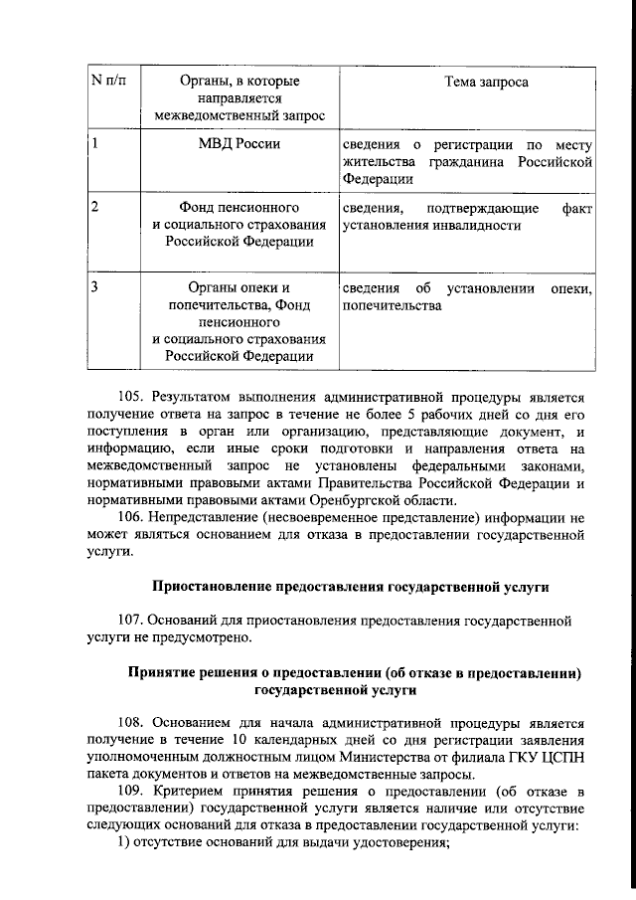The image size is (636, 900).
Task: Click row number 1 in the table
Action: point(92,143)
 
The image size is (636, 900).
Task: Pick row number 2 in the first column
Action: point(92,207)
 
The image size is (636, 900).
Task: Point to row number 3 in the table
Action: point(92,288)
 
